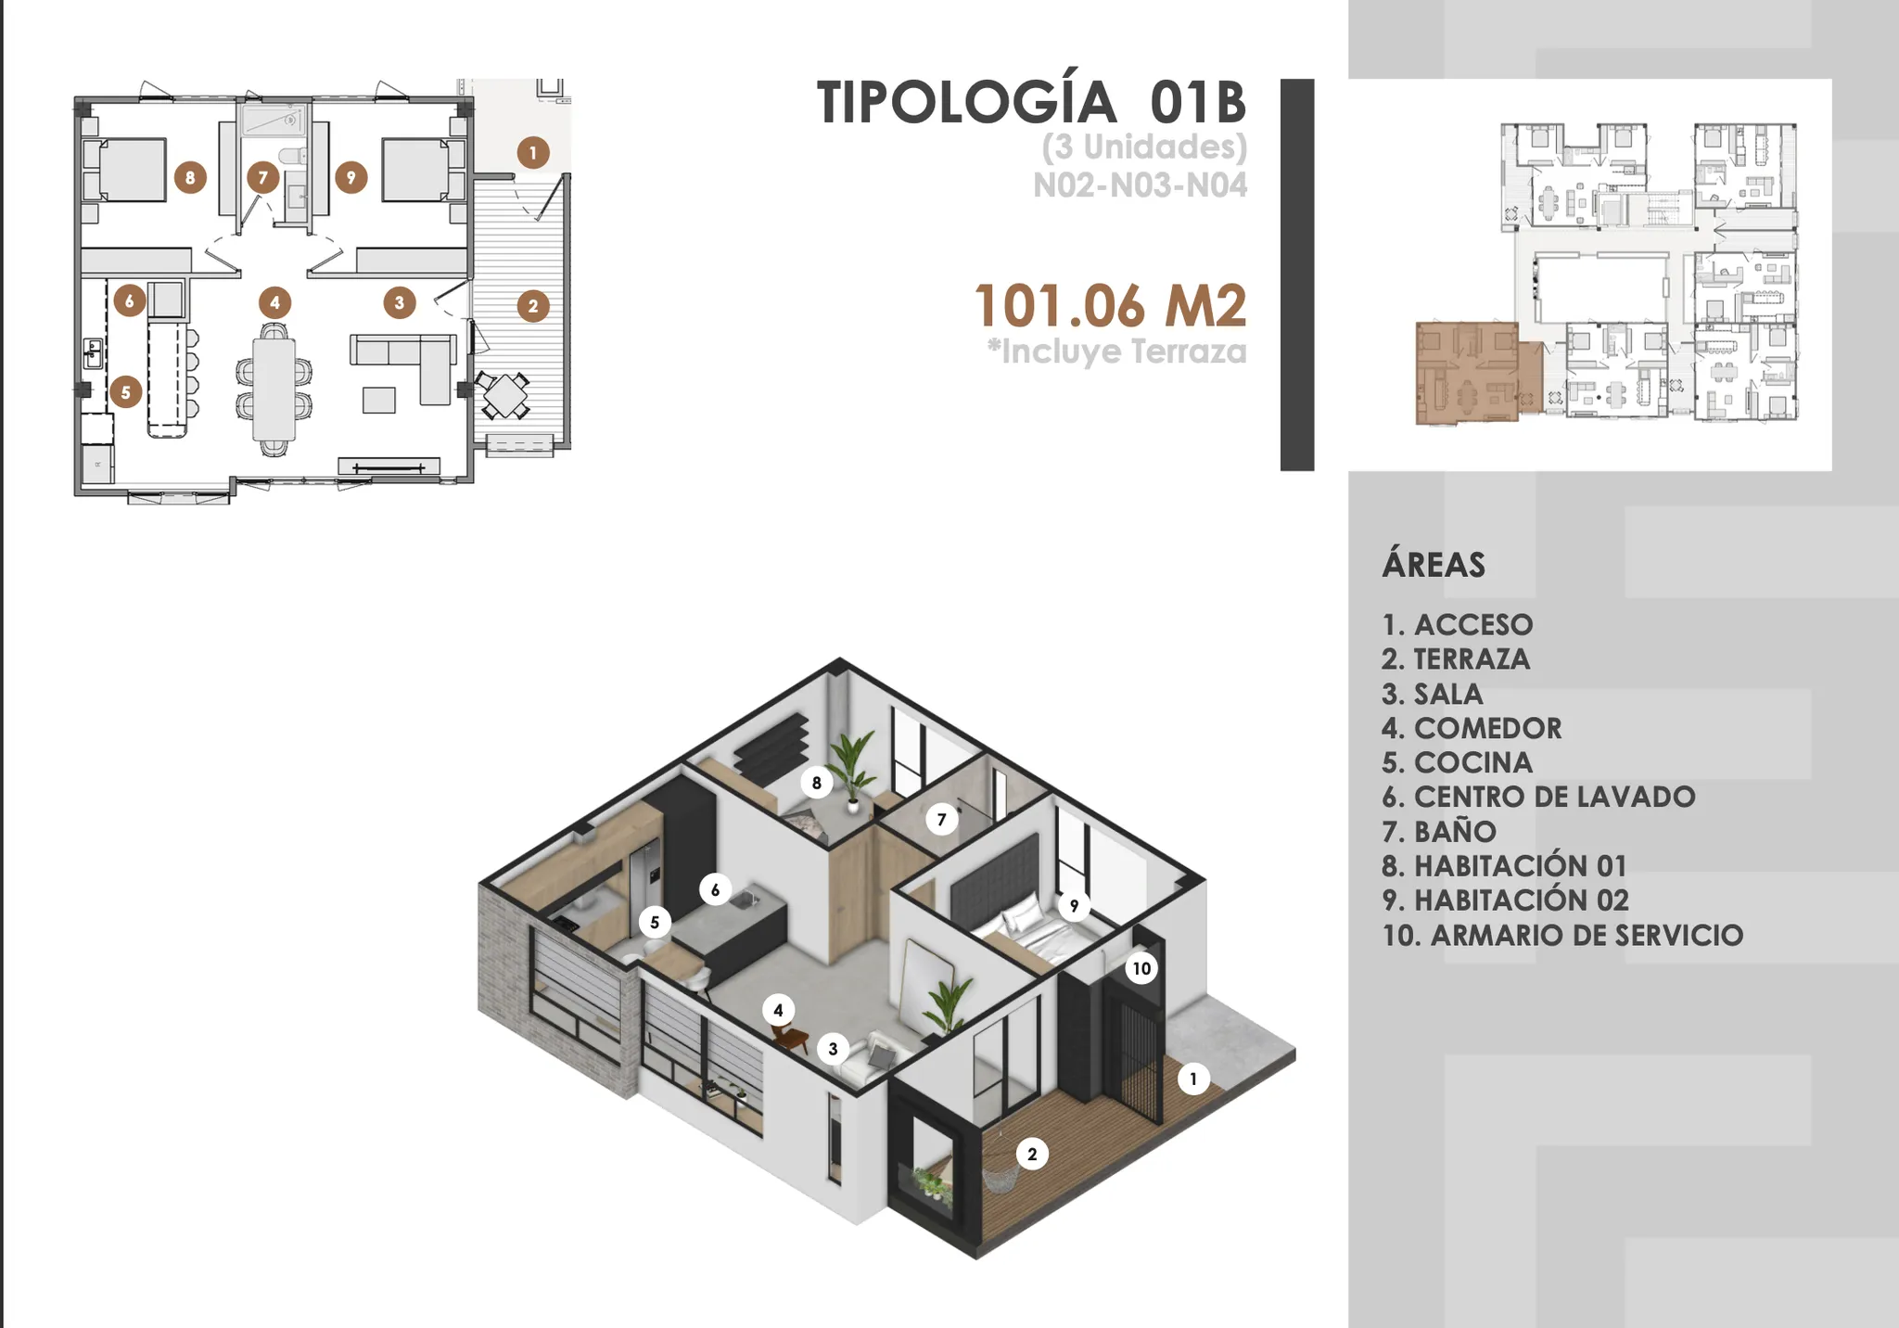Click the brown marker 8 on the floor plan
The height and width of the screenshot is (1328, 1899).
tap(190, 177)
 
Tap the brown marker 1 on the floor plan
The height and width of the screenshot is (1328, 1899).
tap(533, 153)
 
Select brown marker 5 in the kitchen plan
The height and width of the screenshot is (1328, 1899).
tap(126, 391)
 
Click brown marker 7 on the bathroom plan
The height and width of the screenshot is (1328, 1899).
tap(263, 177)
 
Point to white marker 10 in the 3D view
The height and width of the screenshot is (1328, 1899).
tap(1141, 968)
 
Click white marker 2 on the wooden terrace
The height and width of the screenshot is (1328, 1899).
tap(1032, 1155)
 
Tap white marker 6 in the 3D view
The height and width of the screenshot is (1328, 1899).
tap(715, 890)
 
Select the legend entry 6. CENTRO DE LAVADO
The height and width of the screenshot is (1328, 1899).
tap(1538, 797)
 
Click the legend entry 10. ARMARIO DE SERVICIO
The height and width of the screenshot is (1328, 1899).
tap(1562, 935)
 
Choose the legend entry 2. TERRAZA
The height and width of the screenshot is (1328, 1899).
tap(1456, 659)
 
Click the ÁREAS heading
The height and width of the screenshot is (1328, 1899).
tap(1434, 564)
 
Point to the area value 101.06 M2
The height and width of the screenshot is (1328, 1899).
tap(1111, 306)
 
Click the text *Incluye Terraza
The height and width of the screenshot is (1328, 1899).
tap(1117, 352)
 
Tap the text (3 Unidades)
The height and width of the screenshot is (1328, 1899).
tap(1144, 147)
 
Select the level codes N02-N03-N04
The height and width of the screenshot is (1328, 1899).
tap(1141, 185)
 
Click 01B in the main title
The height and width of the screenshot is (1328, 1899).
tap(1198, 102)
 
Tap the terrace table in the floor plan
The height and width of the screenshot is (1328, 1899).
tap(503, 396)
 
